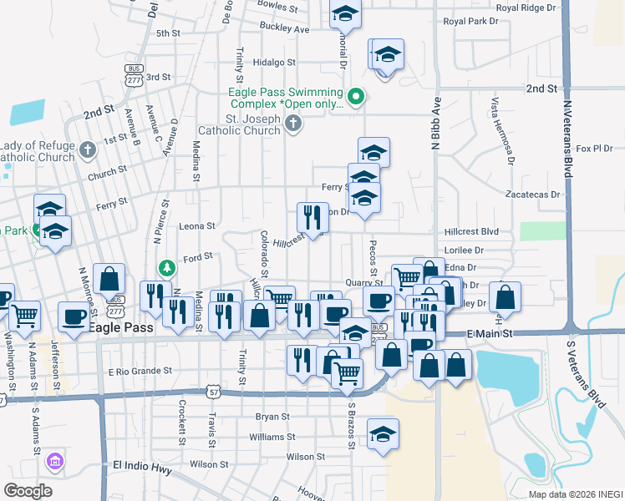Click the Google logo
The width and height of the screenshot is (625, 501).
[x=27, y=490]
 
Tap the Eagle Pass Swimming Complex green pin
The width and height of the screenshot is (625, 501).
[x=356, y=98]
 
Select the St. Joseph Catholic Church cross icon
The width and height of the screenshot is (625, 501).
[x=292, y=124]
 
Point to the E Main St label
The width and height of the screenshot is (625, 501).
[x=489, y=333]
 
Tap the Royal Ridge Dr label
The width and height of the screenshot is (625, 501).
[x=525, y=8]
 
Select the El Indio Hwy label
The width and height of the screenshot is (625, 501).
[x=141, y=470]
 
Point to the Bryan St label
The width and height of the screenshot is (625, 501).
[x=272, y=416]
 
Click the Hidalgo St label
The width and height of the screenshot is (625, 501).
[x=274, y=62]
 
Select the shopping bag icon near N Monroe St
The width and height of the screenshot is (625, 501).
[x=109, y=278]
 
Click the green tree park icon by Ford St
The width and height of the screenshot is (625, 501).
[x=167, y=267]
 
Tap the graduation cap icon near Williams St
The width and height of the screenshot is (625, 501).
[x=383, y=433]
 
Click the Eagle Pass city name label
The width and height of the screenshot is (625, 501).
[x=121, y=328]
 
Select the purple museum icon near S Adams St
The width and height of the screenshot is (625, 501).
[x=55, y=460]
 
